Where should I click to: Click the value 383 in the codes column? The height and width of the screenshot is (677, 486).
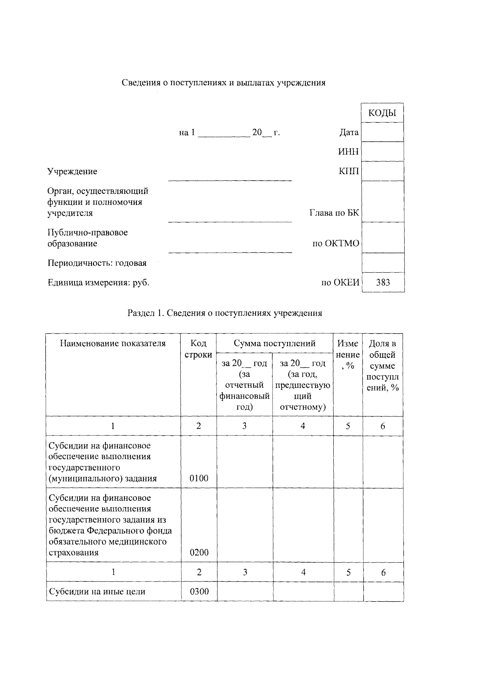pyautogui.click(x=383, y=282)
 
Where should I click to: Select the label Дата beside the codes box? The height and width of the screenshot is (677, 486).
pyautogui.click(x=349, y=132)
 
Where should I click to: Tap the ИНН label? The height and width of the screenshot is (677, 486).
pyautogui.click(x=348, y=152)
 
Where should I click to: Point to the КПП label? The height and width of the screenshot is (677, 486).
pyautogui.click(x=348, y=171)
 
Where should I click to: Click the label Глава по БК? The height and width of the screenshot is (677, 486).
pyautogui.click(x=334, y=213)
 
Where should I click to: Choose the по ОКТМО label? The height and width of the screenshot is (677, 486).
pyautogui.click(x=336, y=243)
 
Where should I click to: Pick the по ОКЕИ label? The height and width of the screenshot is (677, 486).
pyautogui.click(x=340, y=282)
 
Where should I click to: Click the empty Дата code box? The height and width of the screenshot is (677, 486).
pyautogui.click(x=382, y=132)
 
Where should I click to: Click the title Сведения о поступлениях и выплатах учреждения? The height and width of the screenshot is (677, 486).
pyautogui.click(x=224, y=83)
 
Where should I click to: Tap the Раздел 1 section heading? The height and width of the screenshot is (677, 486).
pyautogui.click(x=225, y=313)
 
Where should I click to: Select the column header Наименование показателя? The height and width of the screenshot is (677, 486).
pyautogui.click(x=113, y=344)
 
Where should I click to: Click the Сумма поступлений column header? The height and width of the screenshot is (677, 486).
pyautogui.click(x=274, y=344)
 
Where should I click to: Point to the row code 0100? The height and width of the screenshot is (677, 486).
pyautogui.click(x=199, y=478)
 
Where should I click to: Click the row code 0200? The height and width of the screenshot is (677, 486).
pyautogui.click(x=199, y=553)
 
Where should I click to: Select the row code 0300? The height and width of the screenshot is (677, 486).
pyautogui.click(x=199, y=592)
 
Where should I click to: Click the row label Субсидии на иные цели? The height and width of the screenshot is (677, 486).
pyautogui.click(x=97, y=592)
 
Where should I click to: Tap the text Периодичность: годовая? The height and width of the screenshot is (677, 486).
pyautogui.click(x=97, y=263)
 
